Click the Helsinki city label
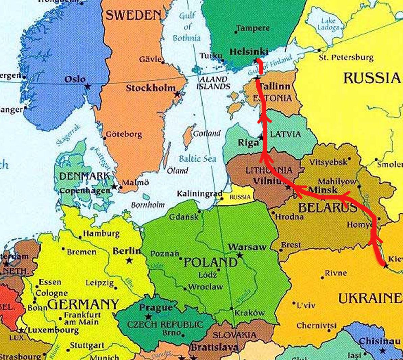249,52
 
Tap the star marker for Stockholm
177,94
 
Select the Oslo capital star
88,87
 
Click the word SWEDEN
134,15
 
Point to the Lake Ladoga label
328,24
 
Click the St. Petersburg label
346,57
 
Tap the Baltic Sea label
197,158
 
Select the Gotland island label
207,133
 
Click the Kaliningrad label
199,194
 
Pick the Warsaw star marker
240,255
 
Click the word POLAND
211,262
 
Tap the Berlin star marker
129,260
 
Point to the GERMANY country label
83,304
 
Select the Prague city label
156,307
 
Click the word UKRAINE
370,299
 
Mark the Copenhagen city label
85,191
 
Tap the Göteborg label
124,134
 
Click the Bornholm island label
148,205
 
